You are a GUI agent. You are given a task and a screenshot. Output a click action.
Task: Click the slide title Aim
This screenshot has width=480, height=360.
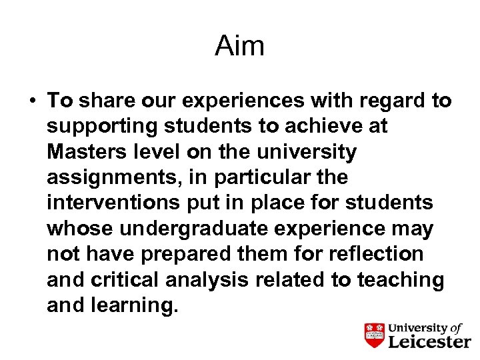coord(239,46)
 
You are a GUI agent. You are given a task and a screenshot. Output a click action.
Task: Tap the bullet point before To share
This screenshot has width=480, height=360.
coord(31,101)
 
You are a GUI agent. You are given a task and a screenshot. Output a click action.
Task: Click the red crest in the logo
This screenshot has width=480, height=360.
coord(374,334)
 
